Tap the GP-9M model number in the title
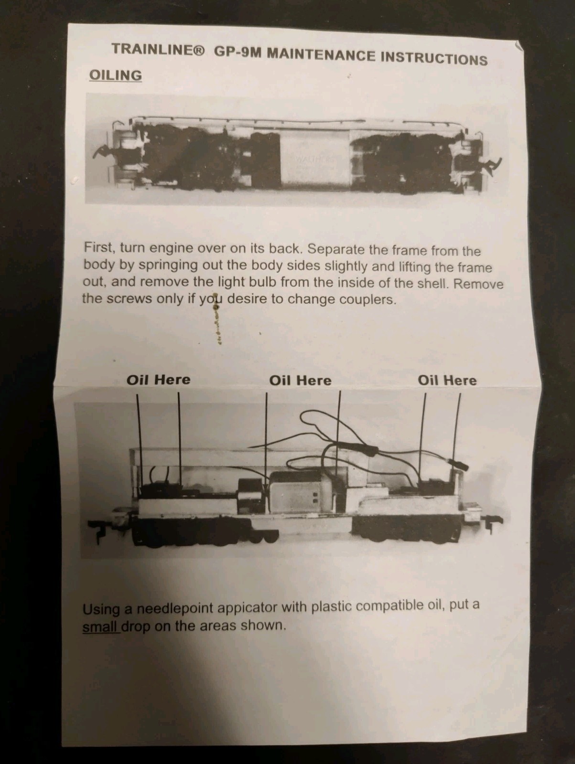pos(238,52)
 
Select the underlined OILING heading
pos(116,75)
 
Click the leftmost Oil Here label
pos(159,380)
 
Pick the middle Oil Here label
pos(300,381)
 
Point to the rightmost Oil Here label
pos(447,381)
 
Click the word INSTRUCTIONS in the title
pos(434,58)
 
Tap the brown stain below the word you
pos(217,322)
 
